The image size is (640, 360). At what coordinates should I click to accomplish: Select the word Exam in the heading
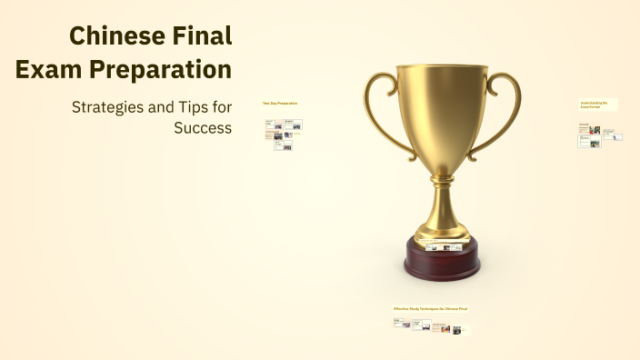click(47, 69)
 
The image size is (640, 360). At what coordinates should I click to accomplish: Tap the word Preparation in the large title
click(158, 69)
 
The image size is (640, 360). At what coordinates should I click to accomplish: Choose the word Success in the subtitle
click(203, 127)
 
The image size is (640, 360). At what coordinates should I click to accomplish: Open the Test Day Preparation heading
click(280, 103)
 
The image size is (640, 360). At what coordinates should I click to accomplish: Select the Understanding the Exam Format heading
click(598, 105)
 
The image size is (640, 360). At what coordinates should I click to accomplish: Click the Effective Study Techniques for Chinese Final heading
click(431, 308)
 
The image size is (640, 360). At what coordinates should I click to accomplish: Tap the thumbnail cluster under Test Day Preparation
click(281, 132)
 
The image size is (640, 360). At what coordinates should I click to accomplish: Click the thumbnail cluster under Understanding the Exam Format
click(598, 135)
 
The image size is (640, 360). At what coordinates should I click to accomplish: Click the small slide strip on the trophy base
click(442, 246)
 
